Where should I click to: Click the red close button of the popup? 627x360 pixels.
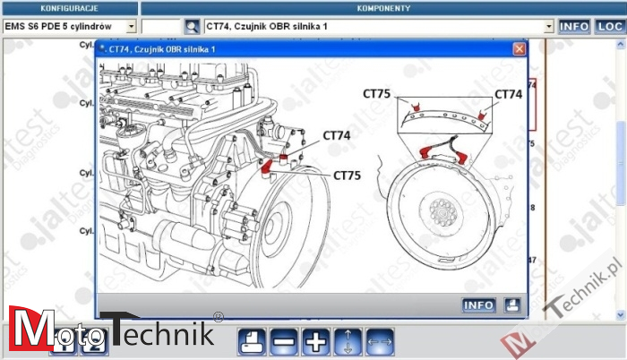click(519, 49)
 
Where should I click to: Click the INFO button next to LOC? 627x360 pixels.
click(574, 27)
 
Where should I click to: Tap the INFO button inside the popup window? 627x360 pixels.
click(478, 305)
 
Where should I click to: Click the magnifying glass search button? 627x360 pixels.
click(193, 27)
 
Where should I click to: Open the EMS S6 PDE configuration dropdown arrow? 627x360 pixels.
click(131, 27)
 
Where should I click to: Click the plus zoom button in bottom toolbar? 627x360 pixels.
click(315, 341)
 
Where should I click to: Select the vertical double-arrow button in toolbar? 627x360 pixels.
click(348, 341)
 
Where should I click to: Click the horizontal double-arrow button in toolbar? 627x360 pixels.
click(380, 341)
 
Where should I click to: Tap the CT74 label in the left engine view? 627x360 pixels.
click(337, 136)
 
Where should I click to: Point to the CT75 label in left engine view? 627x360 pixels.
click(347, 176)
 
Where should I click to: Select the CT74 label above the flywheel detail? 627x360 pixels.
click(508, 93)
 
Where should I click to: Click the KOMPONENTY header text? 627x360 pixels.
click(383, 8)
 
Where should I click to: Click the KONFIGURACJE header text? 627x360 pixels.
click(69, 8)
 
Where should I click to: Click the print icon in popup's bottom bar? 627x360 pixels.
click(511, 305)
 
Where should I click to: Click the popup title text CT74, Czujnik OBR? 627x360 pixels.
click(162, 49)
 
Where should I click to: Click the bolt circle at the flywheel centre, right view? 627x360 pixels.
click(442, 212)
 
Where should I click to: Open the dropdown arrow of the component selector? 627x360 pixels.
click(549, 27)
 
